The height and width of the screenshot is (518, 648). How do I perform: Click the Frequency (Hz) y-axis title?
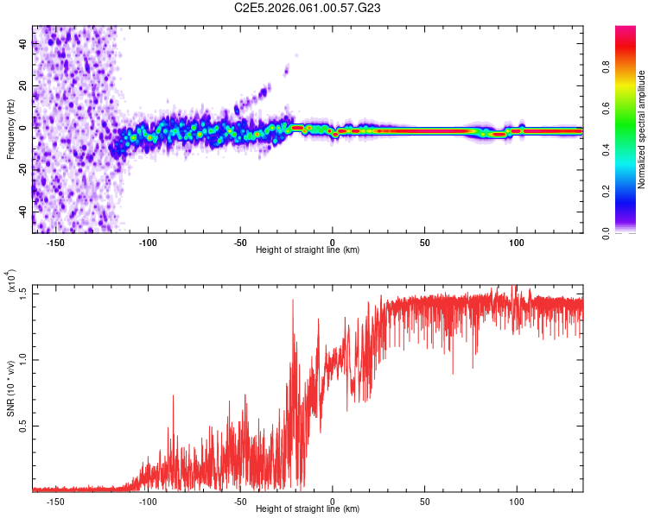pyautogui.click(x=10, y=129)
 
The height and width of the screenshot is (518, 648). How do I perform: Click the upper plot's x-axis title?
pyautogui.click(x=308, y=250)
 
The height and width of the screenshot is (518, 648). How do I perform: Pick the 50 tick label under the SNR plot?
pyautogui.click(x=425, y=500)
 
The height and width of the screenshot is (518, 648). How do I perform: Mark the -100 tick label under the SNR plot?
pyautogui.click(x=148, y=500)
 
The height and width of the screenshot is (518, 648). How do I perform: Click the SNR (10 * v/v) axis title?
pyautogui.click(x=10, y=388)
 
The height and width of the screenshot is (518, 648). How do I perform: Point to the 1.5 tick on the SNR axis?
pyautogui.click(x=22, y=294)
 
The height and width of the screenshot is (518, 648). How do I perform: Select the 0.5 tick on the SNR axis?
pyautogui.click(x=22, y=426)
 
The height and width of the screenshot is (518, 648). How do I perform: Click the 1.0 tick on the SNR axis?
pyautogui.click(x=22, y=359)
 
